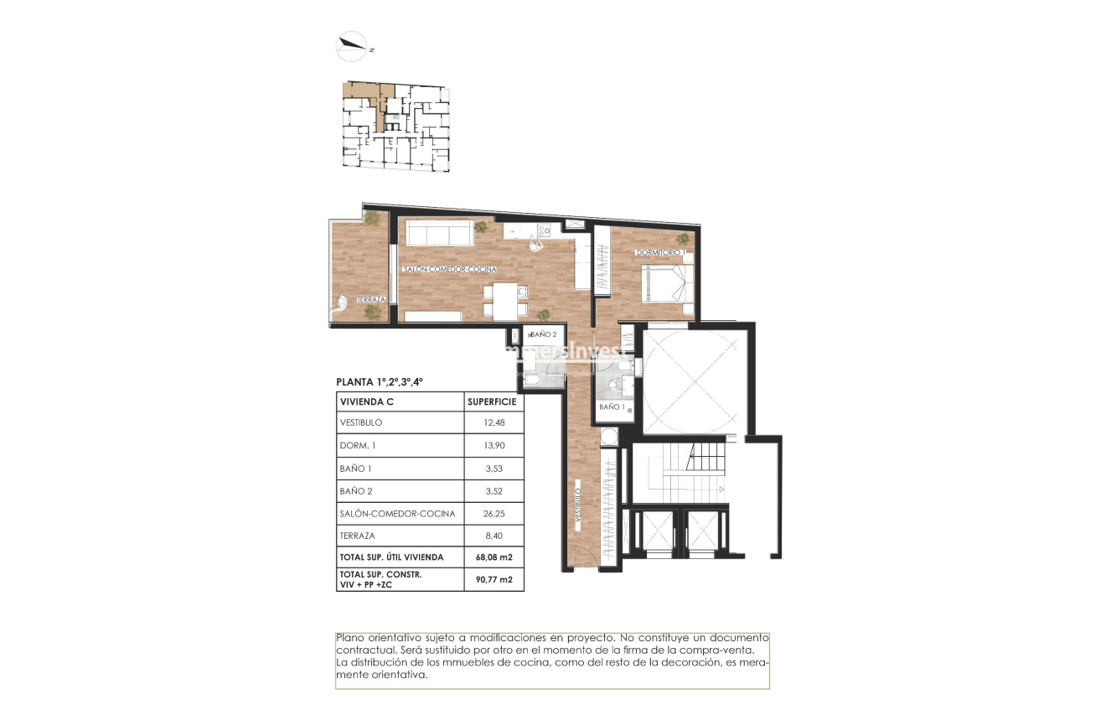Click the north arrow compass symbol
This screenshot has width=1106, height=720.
pos(353,47)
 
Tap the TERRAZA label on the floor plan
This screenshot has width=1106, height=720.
pos(371,299)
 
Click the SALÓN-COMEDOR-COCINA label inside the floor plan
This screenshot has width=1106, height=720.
pos(450,270)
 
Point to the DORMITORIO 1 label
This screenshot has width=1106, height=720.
pos(660,252)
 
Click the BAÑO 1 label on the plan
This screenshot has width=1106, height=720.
pos(612,407)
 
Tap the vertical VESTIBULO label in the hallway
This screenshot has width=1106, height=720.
pos(578,508)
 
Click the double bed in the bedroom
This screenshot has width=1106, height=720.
pos(667,282)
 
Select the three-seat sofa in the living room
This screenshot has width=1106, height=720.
pos(435,232)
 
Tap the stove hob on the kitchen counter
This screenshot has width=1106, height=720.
pos(544,231)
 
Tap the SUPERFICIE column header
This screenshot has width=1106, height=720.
pos(493,401)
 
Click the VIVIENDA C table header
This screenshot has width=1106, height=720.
pos(367,401)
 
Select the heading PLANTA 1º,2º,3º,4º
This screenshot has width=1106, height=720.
pos(380,381)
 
